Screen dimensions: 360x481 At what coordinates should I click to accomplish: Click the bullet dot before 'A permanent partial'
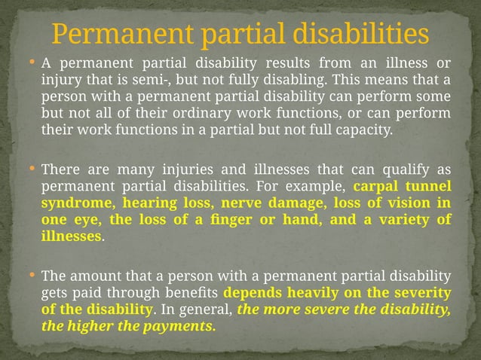tap(32, 62)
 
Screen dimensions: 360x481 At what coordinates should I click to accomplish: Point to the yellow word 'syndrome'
tap(71, 203)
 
